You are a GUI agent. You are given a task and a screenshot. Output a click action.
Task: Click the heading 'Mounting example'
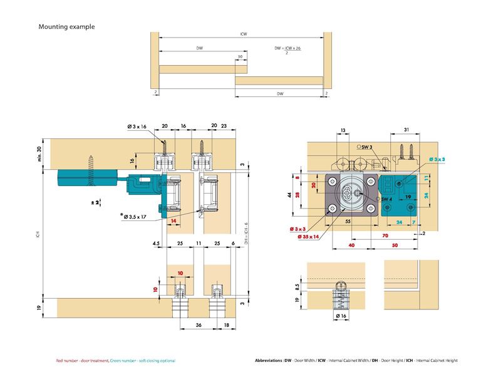pyautogui.click(x=66, y=27)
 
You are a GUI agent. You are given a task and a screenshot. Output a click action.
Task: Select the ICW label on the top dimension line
pyautogui.click(x=242, y=34)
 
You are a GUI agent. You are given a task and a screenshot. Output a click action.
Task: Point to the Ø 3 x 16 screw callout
pyautogui.click(x=137, y=127)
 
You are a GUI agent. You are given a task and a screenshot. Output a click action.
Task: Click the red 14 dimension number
pyautogui.click(x=173, y=220)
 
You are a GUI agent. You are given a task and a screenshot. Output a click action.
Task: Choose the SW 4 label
pyautogui.click(x=386, y=200)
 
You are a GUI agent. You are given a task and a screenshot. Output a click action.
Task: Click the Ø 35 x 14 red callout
pyautogui.click(x=307, y=237)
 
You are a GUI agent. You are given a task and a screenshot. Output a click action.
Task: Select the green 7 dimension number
pyautogui.click(x=413, y=222)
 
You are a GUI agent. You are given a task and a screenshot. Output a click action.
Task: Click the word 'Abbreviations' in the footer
pyautogui.click(x=269, y=361)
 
